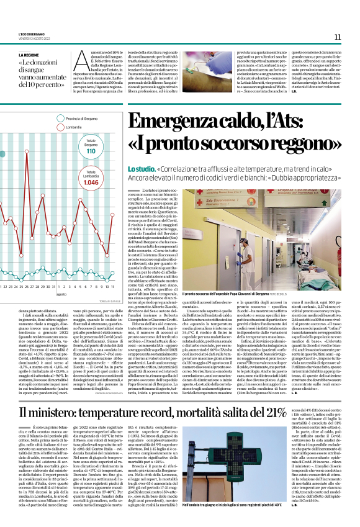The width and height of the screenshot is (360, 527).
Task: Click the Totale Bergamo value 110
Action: coord(91,151)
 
